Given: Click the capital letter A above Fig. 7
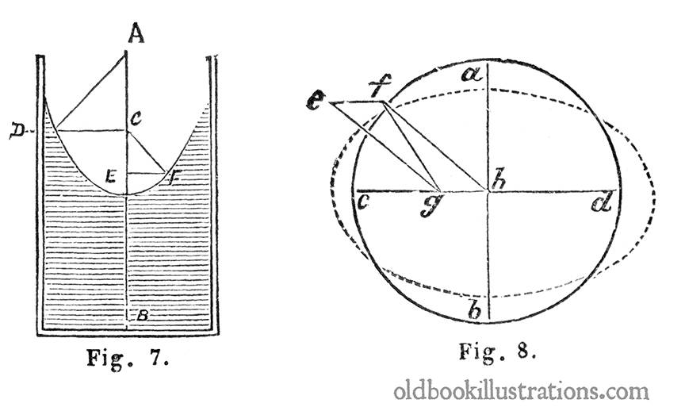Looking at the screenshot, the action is [136, 33].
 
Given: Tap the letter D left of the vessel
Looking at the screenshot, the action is [17, 131].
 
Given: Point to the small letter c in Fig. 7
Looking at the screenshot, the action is [136, 117].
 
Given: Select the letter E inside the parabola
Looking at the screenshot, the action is [110, 176].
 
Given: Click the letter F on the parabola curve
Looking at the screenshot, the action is [174, 178].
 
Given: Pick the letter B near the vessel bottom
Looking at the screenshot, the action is [142, 315].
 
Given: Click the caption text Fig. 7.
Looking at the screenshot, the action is [128, 359].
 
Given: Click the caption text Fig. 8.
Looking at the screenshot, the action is [497, 351].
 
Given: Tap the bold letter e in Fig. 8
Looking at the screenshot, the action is [316, 102].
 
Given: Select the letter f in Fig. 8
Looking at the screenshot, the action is [380, 86].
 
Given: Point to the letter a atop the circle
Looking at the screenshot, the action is [473, 75].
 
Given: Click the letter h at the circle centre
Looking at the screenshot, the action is [499, 179].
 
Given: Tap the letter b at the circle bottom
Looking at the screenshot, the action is [475, 310].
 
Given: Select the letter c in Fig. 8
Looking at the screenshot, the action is [364, 202].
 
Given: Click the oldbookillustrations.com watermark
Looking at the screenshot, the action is [521, 390].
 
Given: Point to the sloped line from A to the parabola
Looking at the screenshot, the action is [91, 91].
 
